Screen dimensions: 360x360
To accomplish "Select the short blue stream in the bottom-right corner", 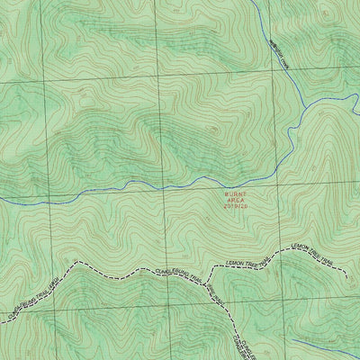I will point(324,346).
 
